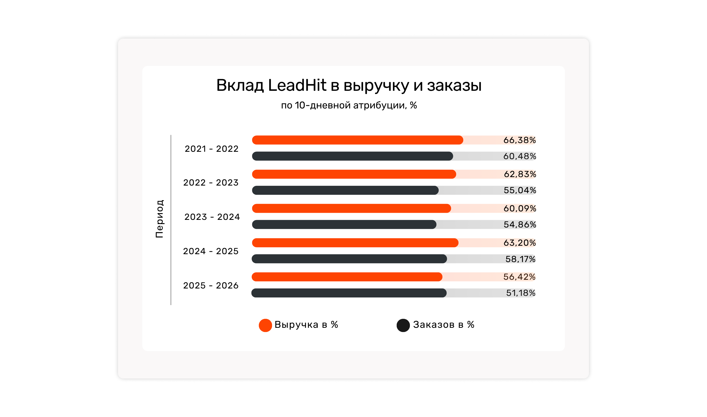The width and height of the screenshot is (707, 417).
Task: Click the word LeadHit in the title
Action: (x=297, y=85)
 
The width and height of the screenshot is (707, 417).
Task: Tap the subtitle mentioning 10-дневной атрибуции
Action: (x=349, y=105)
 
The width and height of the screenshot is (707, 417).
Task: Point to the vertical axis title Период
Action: (x=160, y=219)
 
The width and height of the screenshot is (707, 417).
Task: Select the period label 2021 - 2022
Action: (x=211, y=149)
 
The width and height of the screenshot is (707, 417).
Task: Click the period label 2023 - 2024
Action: (x=212, y=217)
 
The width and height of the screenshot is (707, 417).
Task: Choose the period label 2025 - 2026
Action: (x=211, y=286)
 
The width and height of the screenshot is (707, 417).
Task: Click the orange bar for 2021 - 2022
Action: (x=357, y=140)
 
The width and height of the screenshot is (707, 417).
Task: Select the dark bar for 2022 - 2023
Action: (x=345, y=190)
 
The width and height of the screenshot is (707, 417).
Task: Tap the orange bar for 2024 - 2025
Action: (x=355, y=243)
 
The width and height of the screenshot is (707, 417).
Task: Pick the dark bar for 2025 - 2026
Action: (x=349, y=293)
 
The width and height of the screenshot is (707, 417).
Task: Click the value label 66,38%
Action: (x=519, y=140)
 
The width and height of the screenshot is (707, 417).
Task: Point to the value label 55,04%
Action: (x=520, y=190)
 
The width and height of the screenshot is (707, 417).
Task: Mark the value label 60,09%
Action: (x=520, y=209)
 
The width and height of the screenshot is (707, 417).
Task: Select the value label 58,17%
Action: (x=520, y=259)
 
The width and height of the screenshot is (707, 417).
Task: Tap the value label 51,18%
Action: (x=521, y=293)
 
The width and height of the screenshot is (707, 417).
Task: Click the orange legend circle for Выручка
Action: (x=265, y=325)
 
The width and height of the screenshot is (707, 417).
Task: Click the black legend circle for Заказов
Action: (x=403, y=325)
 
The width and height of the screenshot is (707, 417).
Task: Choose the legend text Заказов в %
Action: (x=444, y=325)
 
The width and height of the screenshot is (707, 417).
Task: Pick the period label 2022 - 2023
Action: (x=211, y=183)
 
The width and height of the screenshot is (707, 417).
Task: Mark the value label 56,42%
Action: (x=519, y=277)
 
